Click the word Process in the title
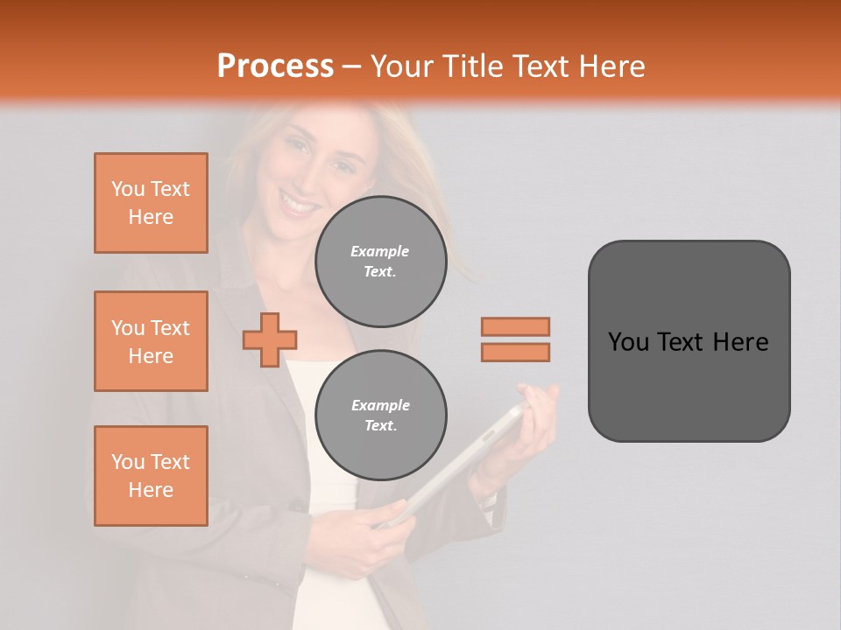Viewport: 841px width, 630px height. click(x=275, y=66)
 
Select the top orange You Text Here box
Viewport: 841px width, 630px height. click(x=151, y=203)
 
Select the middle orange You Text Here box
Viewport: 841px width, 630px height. click(x=151, y=341)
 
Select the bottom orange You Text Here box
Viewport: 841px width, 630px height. click(x=151, y=476)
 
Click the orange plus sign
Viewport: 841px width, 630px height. click(x=270, y=339)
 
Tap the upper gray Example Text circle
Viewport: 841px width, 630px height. click(x=380, y=261)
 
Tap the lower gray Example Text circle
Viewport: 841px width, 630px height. click(x=380, y=415)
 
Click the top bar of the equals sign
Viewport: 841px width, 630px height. click(x=515, y=326)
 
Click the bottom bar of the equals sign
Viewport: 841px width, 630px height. click(x=515, y=352)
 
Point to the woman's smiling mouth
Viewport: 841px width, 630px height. click(x=300, y=206)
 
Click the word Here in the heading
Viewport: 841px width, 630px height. click(x=612, y=66)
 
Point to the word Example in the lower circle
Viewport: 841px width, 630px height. click(x=380, y=405)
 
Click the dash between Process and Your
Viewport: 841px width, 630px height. click(x=352, y=66)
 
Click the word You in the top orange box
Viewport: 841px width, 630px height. click(x=128, y=189)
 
